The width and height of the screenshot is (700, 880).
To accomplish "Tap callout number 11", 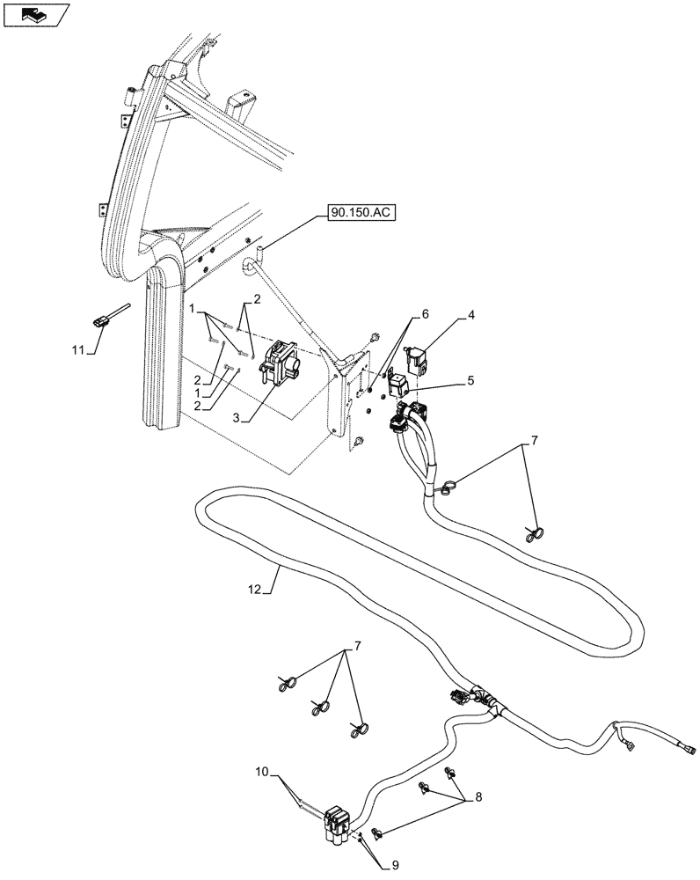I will point(77,349).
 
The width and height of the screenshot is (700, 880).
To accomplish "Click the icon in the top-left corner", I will point(35,14).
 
